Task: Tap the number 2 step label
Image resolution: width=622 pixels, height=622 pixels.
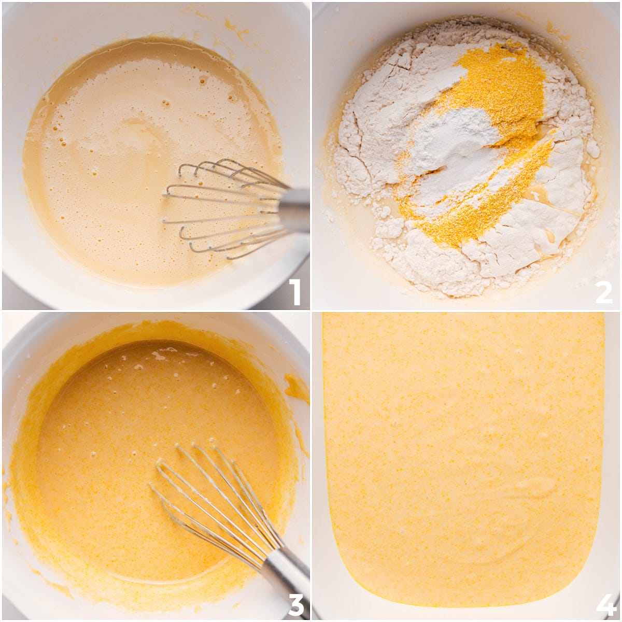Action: click(604, 292)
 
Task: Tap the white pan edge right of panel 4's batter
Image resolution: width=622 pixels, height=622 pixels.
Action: click(612, 452)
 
